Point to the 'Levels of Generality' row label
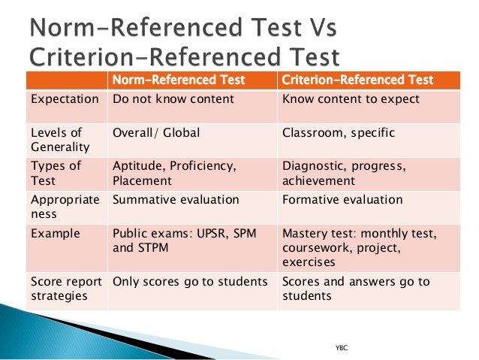point(60,140)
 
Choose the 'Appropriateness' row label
point(65,207)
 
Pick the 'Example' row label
point(55,234)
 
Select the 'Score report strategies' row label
point(66,289)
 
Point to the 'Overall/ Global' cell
point(156,133)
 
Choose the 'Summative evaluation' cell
point(175,200)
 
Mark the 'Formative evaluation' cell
point(342,200)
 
